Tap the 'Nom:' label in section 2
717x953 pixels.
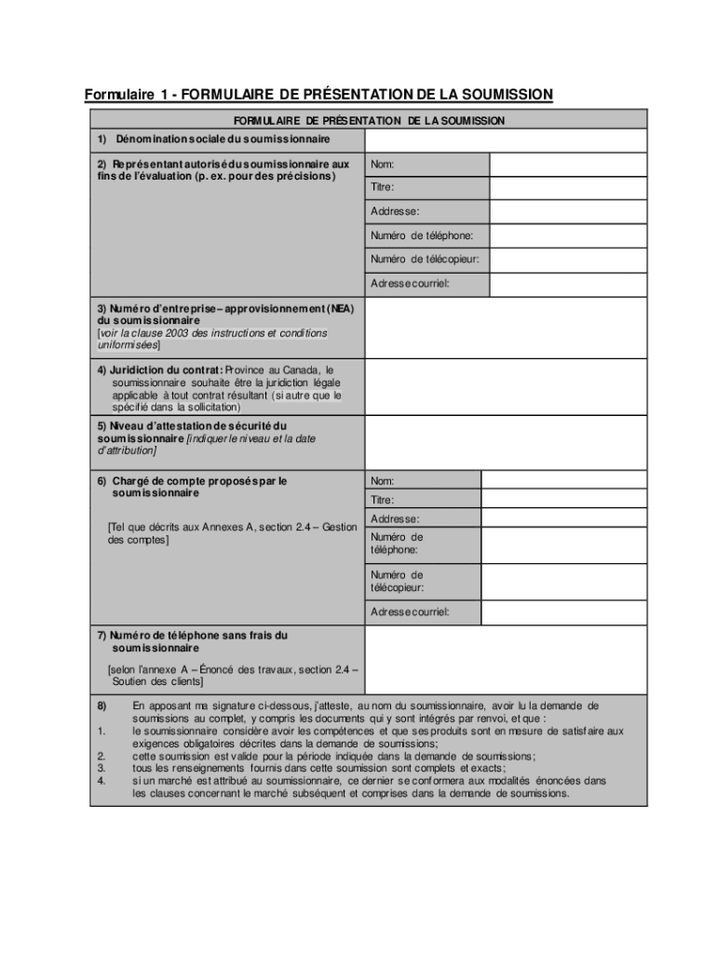pos(382,165)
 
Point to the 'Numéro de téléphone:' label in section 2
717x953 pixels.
pos(421,235)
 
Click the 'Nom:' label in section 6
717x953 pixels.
pos(382,481)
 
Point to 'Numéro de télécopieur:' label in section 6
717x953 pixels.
pos(397,582)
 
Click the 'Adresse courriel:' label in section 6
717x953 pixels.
pos(410,612)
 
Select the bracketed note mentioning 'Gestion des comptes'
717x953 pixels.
pos(232,533)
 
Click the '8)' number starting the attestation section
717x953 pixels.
pos(102,705)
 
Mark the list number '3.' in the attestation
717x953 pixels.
pos(100,769)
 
